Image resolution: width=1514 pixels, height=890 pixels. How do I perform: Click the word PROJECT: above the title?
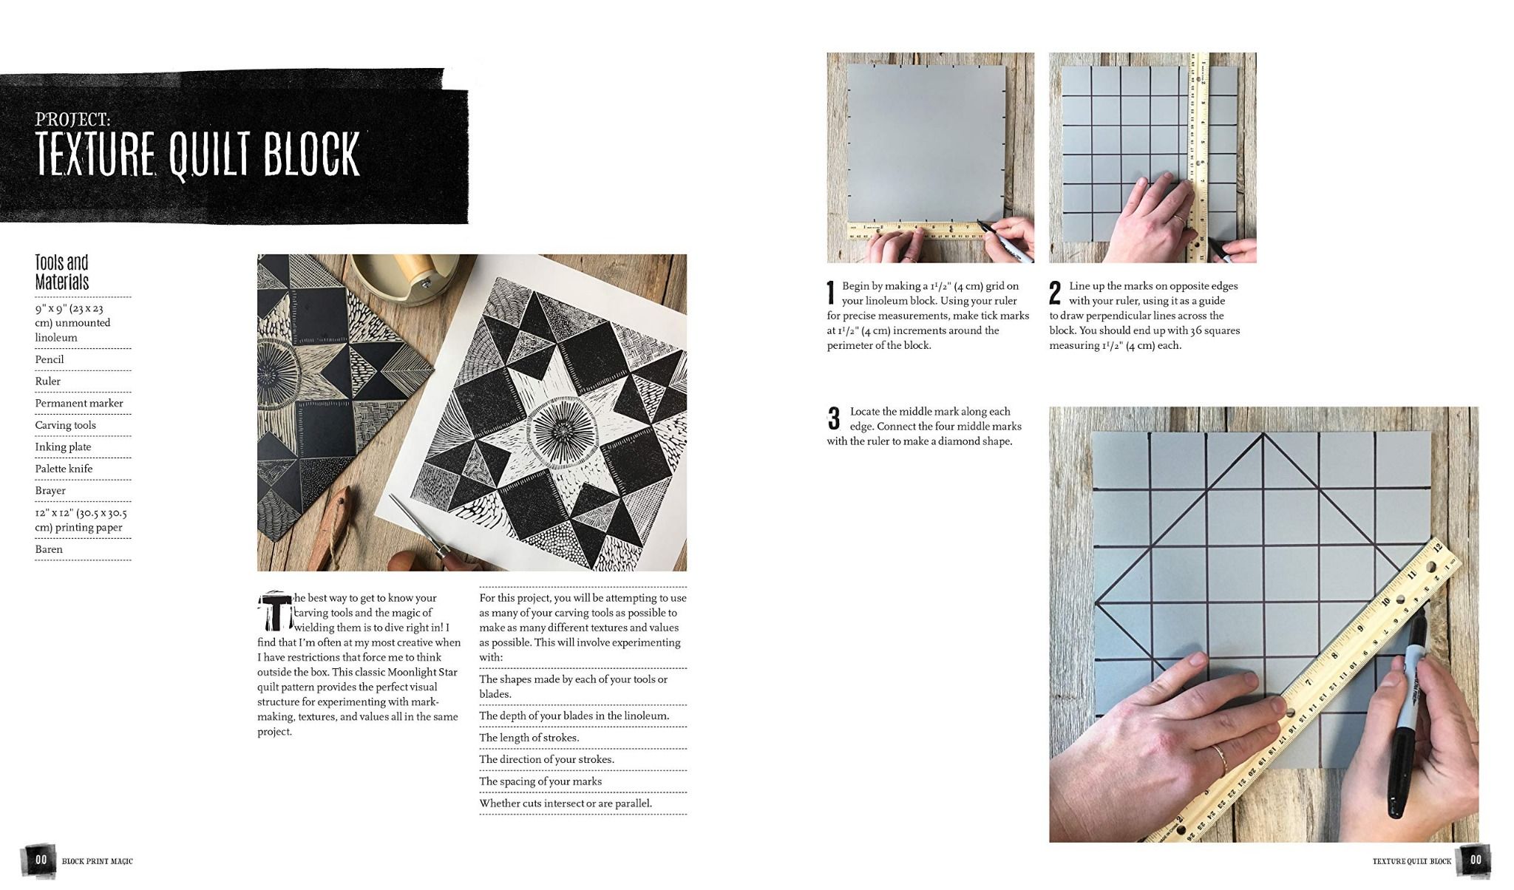pyautogui.click(x=73, y=119)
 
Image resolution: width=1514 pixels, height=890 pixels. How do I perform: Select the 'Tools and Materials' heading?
pyautogui.click(x=62, y=272)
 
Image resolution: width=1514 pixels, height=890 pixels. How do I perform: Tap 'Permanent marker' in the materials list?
pyautogui.click(x=79, y=403)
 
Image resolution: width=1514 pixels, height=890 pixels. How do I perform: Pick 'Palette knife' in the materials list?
pyautogui.click(x=64, y=469)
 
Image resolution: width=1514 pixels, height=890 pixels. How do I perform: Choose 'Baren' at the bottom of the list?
pyautogui.click(x=49, y=549)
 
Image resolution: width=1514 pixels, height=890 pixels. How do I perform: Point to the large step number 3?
pyautogui.click(x=834, y=418)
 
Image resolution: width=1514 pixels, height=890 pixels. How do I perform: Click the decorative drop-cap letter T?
pyautogui.click(x=274, y=611)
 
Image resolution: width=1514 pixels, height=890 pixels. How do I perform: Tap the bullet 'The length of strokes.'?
pyautogui.click(x=529, y=738)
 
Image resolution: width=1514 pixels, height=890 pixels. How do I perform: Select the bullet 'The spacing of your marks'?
pyautogui.click(x=540, y=781)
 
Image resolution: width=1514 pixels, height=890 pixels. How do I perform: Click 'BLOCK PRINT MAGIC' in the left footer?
pyautogui.click(x=98, y=861)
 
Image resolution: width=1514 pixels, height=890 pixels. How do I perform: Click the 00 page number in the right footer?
pyautogui.click(x=1476, y=860)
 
